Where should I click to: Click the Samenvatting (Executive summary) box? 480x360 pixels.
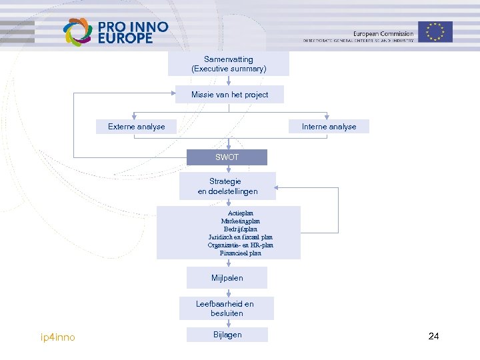click(x=229, y=64)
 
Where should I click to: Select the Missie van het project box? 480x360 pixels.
click(x=229, y=95)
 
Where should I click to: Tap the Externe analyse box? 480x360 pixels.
click(x=137, y=127)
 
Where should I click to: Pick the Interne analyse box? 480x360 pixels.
click(x=329, y=127)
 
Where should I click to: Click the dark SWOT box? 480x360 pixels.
click(x=227, y=157)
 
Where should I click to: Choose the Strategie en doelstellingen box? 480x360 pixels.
click(x=227, y=186)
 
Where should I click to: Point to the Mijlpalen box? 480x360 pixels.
click(x=227, y=277)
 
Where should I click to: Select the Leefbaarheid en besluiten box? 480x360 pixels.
click(x=225, y=308)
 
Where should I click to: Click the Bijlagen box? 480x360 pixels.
click(x=227, y=335)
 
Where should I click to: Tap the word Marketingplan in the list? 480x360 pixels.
click(x=241, y=221)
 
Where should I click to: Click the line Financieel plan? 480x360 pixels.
click(x=241, y=253)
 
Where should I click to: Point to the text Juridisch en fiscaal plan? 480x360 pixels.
click(x=241, y=237)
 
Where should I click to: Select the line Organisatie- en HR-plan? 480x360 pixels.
click(x=241, y=245)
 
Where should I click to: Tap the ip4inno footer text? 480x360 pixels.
click(x=58, y=337)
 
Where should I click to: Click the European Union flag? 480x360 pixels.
click(x=435, y=31)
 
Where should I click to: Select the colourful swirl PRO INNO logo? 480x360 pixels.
click(x=77, y=32)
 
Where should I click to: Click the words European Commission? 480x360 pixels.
click(x=383, y=33)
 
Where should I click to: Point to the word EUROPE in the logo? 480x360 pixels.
click(x=125, y=39)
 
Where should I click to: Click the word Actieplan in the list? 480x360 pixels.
click(x=241, y=213)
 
